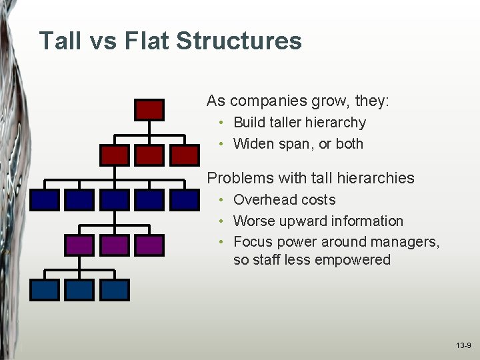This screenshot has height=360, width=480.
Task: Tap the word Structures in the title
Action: tap(239, 41)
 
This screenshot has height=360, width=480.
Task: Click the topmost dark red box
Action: tap(149, 109)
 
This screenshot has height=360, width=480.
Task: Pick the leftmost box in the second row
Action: tap(114, 155)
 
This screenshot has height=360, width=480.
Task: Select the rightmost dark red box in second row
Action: tap(185, 155)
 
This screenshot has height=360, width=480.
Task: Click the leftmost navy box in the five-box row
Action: tap(44, 199)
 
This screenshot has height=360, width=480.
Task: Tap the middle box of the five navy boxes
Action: tap(114, 199)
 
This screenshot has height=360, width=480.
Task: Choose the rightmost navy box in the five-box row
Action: tap(185, 199)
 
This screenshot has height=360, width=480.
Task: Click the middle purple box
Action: tap(114, 245)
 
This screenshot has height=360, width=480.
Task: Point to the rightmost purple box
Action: tap(149, 245)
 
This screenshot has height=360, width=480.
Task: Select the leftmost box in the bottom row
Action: tap(44, 289)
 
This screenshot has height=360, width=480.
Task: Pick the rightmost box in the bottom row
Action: tap(114, 289)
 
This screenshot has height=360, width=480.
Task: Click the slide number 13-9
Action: tap(463, 346)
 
